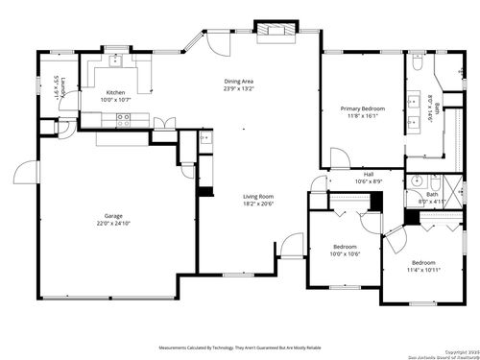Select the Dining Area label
(x=238, y=82)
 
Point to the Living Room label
(x=258, y=196)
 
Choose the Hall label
(x=369, y=174)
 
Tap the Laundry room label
(x=56, y=92)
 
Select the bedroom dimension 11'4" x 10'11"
(x=422, y=270)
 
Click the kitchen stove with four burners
(x=123, y=119)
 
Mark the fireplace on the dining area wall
(x=276, y=30)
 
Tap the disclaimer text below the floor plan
(x=240, y=348)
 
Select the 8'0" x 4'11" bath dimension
(x=431, y=203)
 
